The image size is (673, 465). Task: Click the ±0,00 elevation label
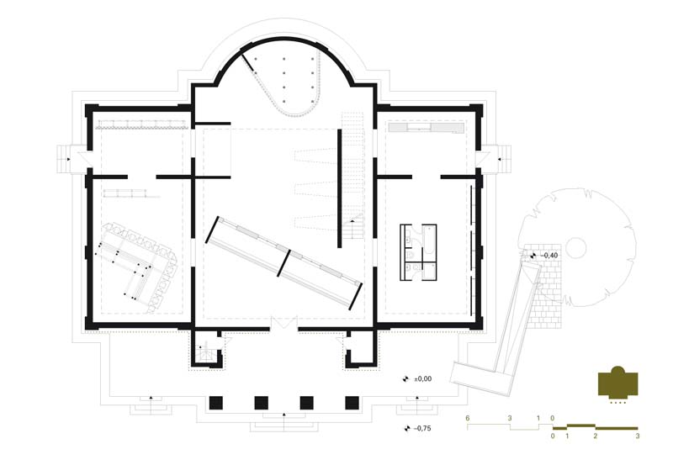423,379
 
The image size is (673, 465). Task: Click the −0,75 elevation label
422,428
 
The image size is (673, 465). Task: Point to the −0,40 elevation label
548,256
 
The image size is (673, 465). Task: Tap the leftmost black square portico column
216,403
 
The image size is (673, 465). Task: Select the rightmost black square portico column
352,403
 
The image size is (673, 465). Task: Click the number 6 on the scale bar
468,418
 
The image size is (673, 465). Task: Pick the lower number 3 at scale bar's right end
638,436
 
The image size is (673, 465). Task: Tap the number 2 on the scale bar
596,436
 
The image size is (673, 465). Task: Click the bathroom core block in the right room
418,252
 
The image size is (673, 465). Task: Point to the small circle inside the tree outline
575,248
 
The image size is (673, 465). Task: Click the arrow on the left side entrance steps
68,159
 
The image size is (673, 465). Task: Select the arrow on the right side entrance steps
499,159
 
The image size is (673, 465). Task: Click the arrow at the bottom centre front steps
284,415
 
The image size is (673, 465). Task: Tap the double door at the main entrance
284,323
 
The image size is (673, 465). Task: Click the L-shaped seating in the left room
136,266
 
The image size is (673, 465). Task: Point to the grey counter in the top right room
427,128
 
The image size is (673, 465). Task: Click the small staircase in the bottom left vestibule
205,351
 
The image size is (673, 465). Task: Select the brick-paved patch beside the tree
546,287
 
